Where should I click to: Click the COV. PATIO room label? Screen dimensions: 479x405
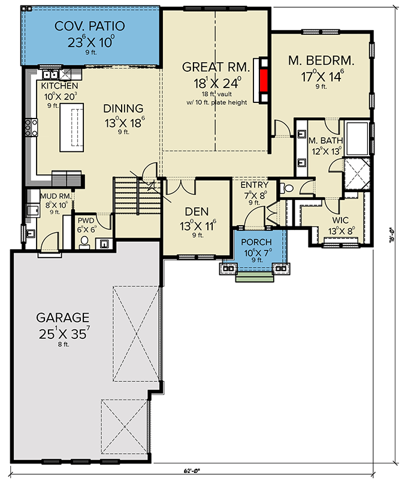click(x=89, y=26)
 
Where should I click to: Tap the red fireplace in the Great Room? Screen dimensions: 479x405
click(x=262, y=80)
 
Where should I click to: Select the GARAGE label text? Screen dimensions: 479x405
click(x=62, y=317)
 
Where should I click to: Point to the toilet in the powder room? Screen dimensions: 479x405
click(x=84, y=242)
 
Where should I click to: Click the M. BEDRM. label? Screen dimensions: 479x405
click(x=321, y=60)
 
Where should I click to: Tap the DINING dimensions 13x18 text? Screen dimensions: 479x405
click(x=123, y=122)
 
